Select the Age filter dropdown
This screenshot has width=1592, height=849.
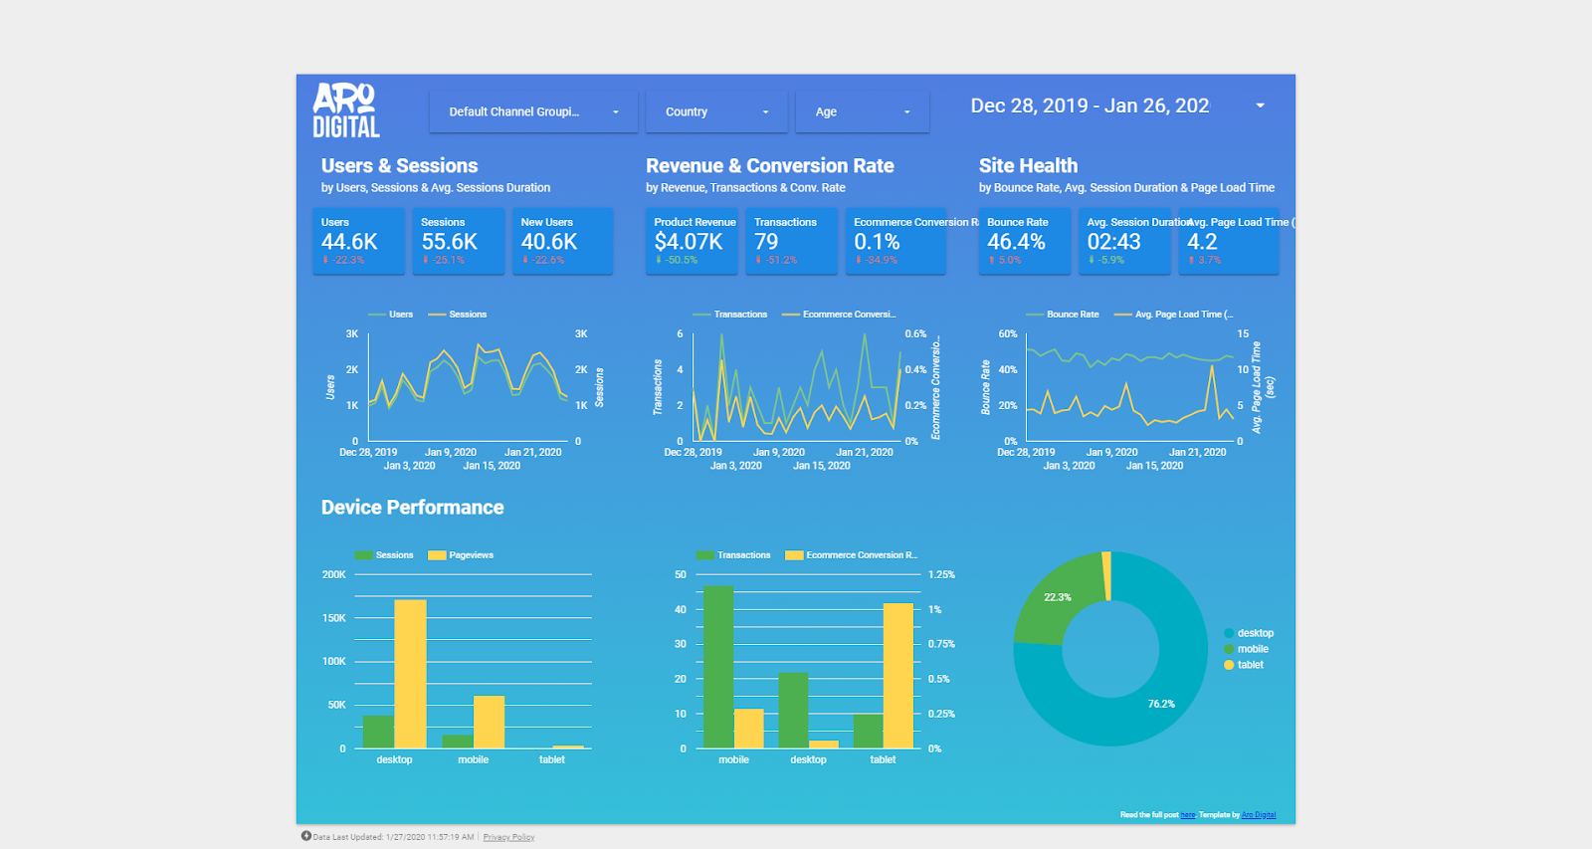(862, 112)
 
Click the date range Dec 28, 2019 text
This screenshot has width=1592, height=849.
(1030, 106)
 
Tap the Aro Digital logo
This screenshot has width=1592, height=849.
(345, 110)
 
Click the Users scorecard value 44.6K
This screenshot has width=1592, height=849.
(349, 242)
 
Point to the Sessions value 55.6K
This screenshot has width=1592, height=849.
(449, 242)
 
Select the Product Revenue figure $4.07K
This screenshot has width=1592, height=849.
(689, 242)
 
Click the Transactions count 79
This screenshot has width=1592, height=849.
(766, 242)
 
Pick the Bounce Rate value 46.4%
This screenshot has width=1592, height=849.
(1016, 242)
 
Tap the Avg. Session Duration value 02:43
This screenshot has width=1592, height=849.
(1113, 242)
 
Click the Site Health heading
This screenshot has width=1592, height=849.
(1028, 166)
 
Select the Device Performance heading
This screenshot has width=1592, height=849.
(412, 508)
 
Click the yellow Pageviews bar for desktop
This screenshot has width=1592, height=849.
(410, 674)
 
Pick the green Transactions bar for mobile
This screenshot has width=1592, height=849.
(718, 667)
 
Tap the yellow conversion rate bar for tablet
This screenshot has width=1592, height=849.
(897, 676)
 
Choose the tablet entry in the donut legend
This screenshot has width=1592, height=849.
(1250, 665)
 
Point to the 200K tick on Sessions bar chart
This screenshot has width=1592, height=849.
(333, 574)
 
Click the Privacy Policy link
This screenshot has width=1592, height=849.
(508, 837)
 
